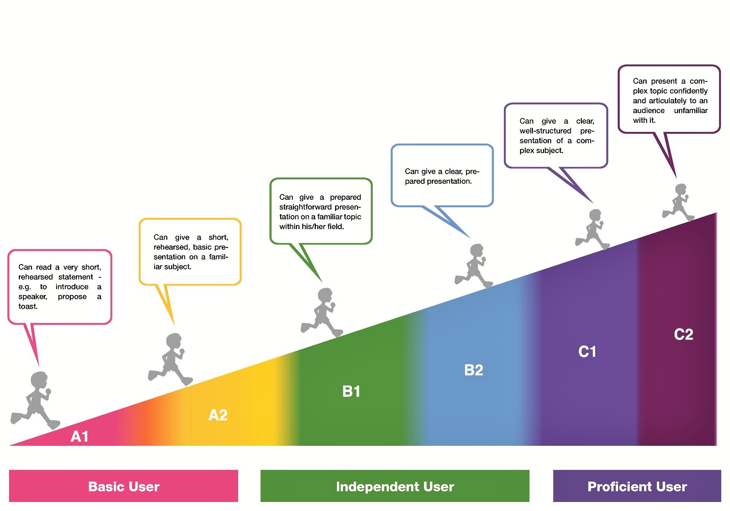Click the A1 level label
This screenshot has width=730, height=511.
click(80, 436)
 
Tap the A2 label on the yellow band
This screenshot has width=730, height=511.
click(218, 415)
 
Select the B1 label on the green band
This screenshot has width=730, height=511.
click(351, 392)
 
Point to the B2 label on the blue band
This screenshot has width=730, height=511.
click(474, 370)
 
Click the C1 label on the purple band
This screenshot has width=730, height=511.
click(587, 352)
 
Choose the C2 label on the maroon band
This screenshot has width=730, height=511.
click(683, 334)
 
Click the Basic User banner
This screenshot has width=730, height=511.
click(124, 486)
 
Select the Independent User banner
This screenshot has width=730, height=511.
click(395, 486)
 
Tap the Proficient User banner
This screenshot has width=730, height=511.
click(637, 486)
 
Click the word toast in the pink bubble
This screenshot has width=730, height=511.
click(28, 306)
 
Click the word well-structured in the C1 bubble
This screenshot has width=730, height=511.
click(545, 131)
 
